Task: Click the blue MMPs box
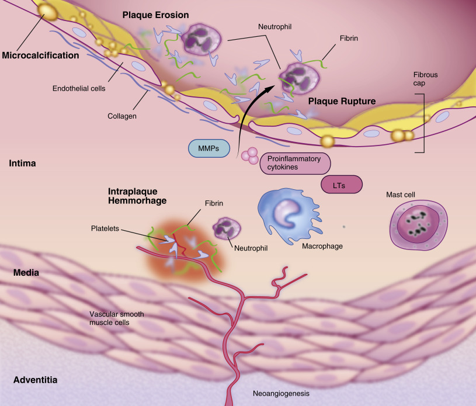click(x=209, y=148)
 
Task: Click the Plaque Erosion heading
click(x=155, y=15)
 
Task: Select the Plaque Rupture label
click(x=342, y=100)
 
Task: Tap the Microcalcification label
click(x=40, y=56)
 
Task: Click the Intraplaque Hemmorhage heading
click(x=138, y=196)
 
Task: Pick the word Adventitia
click(x=35, y=380)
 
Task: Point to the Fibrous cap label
click(x=425, y=79)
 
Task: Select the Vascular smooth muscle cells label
click(x=117, y=318)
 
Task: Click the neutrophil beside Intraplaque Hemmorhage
click(x=223, y=227)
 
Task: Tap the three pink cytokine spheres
click(x=250, y=155)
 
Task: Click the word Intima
click(x=24, y=164)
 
